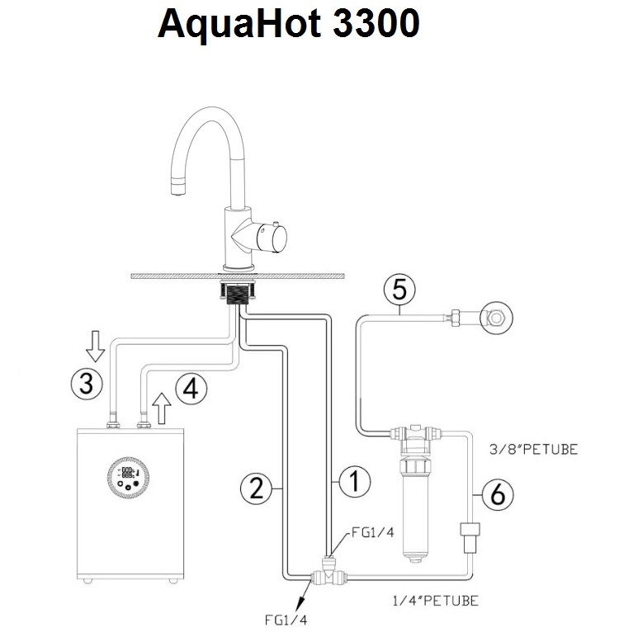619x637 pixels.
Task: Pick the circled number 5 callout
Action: point(399,291)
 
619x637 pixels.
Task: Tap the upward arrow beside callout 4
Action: point(164,406)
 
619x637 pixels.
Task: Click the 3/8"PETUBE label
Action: point(533,450)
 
